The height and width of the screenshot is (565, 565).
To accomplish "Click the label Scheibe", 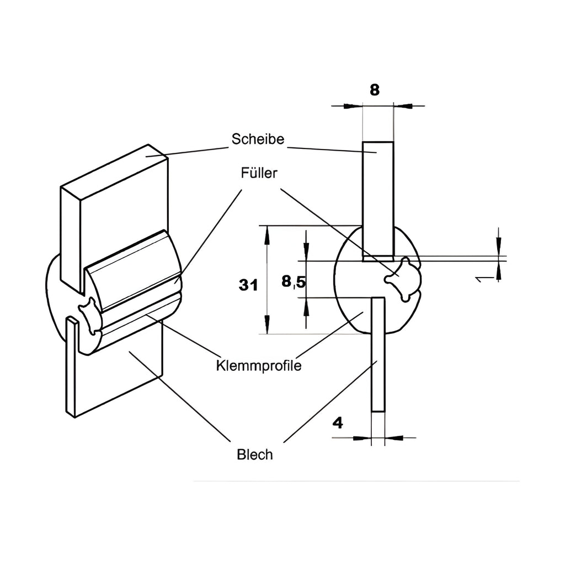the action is tap(258, 139).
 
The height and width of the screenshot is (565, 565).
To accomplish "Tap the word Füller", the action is tap(259, 173).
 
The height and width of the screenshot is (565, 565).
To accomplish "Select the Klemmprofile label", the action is tap(259, 366).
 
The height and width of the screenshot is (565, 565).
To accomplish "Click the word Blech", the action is tap(255, 455).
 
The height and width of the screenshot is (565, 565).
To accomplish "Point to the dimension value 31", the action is tap(248, 285).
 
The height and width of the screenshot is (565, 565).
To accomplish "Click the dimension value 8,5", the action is tap(294, 281).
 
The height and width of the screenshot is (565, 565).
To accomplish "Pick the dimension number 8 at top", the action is tap(375, 90).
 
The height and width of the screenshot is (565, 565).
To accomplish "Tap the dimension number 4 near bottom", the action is tap(338, 423).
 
